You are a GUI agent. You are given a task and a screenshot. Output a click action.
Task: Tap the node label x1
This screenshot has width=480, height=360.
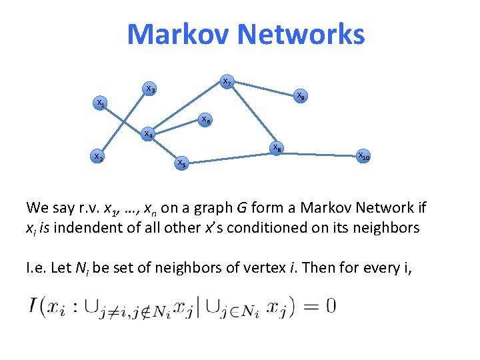100,104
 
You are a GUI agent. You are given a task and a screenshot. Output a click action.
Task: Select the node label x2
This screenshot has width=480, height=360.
97,158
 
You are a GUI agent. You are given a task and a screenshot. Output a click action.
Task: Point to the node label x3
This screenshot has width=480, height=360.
151,89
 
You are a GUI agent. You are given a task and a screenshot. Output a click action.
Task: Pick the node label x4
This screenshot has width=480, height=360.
149,135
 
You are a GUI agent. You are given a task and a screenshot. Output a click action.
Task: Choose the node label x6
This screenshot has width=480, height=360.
207,121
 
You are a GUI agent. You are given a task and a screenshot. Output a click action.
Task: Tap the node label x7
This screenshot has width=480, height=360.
227,82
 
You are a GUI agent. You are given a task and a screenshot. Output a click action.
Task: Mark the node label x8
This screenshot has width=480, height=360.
276,148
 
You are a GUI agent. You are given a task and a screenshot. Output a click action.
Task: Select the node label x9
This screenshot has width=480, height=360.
301,96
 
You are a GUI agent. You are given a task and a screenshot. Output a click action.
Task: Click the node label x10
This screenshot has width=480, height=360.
364,157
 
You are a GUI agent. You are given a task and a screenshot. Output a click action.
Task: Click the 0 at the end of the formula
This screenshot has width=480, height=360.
330,307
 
